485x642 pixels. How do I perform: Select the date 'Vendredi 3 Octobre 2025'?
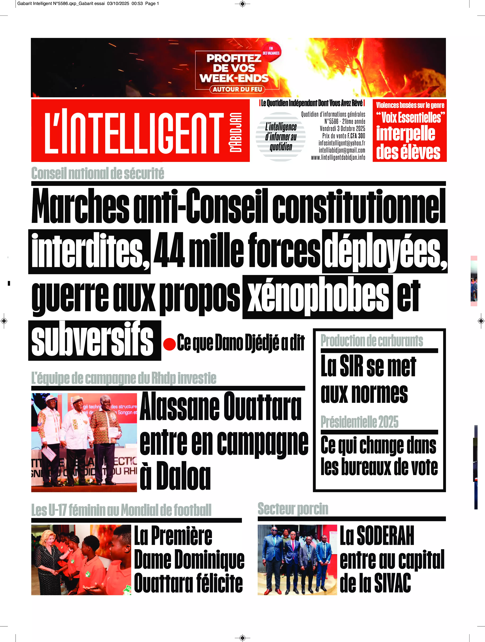coord(342,129)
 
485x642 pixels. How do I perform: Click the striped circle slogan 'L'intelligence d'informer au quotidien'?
coord(280,137)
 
